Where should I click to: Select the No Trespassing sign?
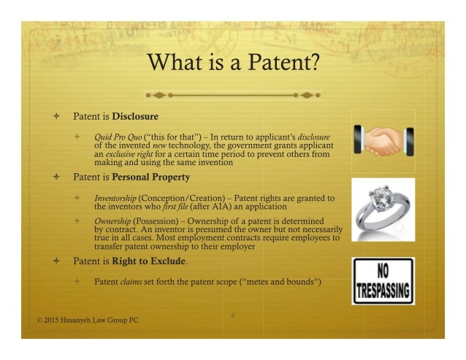click(383, 280)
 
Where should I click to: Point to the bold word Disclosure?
click(132, 116)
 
